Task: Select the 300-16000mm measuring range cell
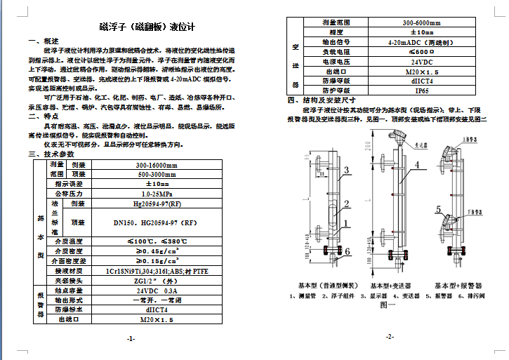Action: point(157,164)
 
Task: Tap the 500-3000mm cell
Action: point(157,173)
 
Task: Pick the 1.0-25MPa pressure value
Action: point(157,193)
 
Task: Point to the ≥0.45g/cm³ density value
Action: point(157,251)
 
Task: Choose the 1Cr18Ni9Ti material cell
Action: point(157,270)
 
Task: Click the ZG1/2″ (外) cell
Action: point(157,280)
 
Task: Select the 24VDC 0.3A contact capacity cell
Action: point(157,290)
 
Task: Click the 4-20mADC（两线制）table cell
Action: point(422,42)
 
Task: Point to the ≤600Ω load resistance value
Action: point(422,52)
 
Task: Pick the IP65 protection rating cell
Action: point(422,91)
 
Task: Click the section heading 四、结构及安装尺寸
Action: point(323,100)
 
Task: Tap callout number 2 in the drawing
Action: point(346,204)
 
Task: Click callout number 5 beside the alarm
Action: point(439,208)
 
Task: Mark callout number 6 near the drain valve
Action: point(347,251)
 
